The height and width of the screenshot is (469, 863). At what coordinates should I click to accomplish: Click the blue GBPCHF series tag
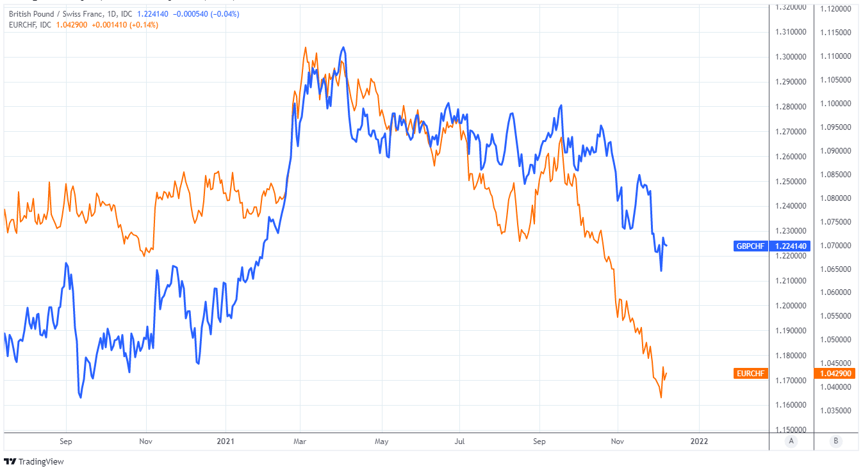(x=750, y=246)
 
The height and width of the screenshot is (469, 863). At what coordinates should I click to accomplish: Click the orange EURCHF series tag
(x=750, y=374)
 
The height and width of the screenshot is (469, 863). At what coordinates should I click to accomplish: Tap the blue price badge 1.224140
(x=791, y=246)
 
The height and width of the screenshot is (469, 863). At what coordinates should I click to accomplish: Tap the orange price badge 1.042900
(x=835, y=374)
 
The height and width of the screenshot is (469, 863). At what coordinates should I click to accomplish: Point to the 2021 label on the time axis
(x=226, y=441)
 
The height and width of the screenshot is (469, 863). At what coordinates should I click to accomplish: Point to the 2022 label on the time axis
(x=698, y=441)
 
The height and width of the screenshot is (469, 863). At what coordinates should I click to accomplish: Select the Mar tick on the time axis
(x=300, y=441)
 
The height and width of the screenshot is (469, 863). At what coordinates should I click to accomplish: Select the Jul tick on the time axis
(x=459, y=441)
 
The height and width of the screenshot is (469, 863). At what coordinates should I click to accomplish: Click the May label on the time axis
(x=381, y=441)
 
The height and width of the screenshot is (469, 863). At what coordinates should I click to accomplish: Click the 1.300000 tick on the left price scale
(x=791, y=56)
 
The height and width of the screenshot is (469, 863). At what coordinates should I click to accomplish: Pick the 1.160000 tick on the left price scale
(x=791, y=405)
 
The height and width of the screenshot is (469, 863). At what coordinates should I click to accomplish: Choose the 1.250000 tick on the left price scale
(x=791, y=181)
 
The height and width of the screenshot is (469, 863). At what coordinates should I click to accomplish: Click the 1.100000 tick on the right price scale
(x=835, y=104)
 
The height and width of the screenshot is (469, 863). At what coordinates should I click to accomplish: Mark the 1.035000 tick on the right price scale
(x=835, y=410)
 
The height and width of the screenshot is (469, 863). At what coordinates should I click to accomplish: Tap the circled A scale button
(x=791, y=441)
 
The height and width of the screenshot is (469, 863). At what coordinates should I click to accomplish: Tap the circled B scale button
(x=835, y=441)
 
